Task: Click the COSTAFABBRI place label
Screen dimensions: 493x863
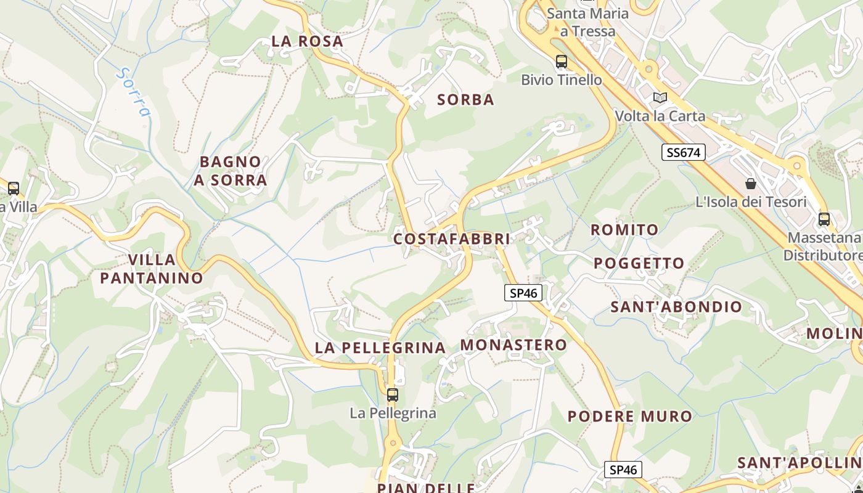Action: (x=451, y=238)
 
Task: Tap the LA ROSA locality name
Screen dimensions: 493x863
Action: (x=307, y=41)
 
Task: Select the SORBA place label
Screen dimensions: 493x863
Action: (x=465, y=100)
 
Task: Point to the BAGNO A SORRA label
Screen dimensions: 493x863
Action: (x=231, y=171)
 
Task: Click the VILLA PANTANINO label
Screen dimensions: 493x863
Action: (x=152, y=269)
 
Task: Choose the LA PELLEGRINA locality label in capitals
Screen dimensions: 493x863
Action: (x=380, y=348)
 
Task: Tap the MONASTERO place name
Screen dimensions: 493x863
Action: (x=513, y=345)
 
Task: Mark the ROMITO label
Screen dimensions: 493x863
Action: (x=624, y=230)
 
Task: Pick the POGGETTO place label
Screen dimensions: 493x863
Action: (x=639, y=264)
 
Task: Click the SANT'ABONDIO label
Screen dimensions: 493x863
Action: (x=676, y=307)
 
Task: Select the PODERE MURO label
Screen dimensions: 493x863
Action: (x=630, y=417)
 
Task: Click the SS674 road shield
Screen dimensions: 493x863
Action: (x=683, y=152)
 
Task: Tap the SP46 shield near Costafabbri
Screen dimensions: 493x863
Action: (x=523, y=293)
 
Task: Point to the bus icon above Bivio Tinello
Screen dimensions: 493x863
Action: (x=561, y=62)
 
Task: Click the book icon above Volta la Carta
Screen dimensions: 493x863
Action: (x=660, y=97)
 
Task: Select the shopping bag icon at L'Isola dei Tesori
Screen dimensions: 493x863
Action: (x=751, y=184)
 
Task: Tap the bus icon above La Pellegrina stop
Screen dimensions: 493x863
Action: (x=393, y=394)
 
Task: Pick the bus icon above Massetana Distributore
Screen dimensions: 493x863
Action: (x=824, y=219)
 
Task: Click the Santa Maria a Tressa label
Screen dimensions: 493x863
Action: (x=587, y=22)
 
